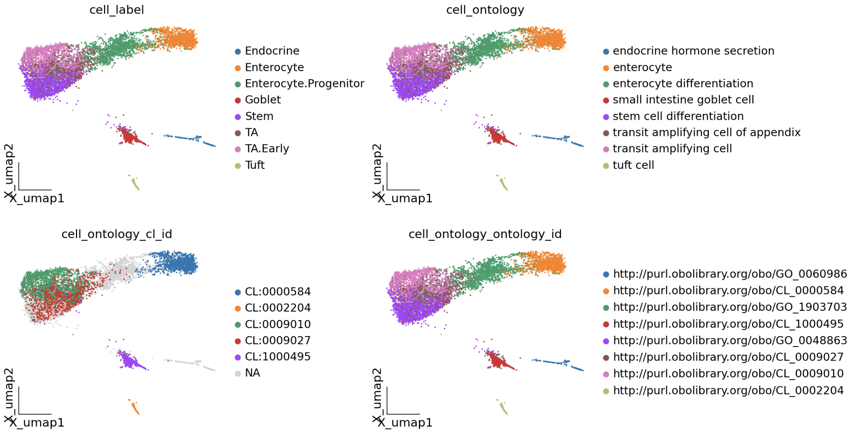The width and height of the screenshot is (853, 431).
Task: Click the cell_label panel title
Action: click(116, 10)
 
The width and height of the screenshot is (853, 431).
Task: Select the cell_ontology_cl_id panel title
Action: click(116, 234)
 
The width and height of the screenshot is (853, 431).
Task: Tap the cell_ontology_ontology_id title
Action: click(485, 234)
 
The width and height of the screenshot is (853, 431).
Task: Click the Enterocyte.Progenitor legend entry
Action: click(304, 84)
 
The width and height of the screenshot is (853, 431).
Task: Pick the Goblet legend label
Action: click(263, 100)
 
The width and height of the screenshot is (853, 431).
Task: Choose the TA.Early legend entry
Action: click(267, 149)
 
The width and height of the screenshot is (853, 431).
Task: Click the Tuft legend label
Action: click(255, 165)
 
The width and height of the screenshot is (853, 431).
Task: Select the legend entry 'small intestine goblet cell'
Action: click(683, 100)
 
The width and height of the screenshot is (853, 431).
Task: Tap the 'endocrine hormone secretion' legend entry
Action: click(694, 51)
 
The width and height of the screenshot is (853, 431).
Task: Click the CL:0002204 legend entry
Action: click(278, 308)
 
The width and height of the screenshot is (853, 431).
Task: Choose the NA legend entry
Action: click(253, 373)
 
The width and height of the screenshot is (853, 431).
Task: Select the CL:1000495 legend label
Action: click(278, 357)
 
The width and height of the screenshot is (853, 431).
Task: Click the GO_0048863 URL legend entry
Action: click(730, 341)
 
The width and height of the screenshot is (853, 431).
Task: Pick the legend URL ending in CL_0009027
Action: click(728, 357)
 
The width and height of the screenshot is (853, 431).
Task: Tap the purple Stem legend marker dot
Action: click(238, 117)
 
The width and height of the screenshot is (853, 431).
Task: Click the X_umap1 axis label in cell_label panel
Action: click(37, 198)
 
